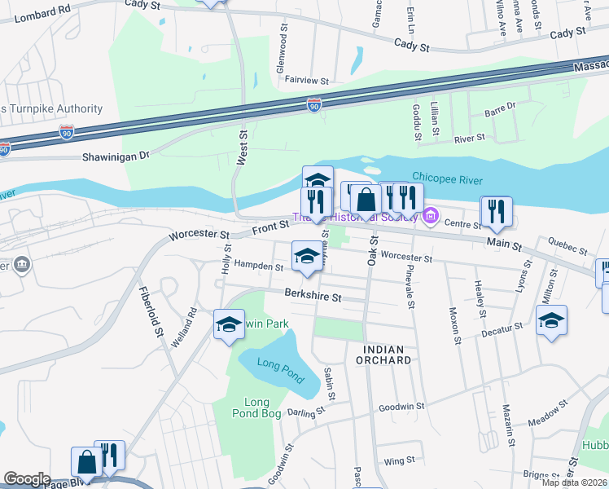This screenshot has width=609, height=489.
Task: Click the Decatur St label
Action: coord(502,328)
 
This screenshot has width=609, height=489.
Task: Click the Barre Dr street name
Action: coord(500,107)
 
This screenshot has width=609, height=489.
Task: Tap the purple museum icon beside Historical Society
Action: coord(431,217)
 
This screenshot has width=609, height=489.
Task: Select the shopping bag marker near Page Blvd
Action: coord(86,461)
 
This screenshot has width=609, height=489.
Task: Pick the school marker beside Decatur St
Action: coord(551,320)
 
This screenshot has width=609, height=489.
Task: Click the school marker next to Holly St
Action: coord(229,325)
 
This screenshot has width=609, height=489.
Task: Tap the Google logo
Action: coord(27,478)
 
